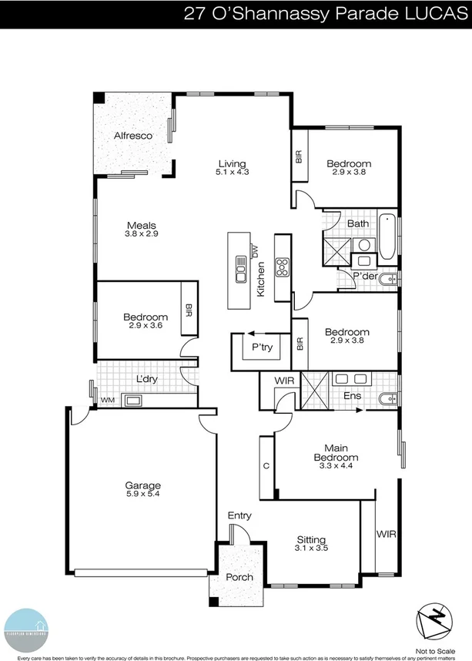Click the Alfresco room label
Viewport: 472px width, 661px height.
[132, 136]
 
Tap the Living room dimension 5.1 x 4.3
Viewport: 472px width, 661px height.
[232, 173]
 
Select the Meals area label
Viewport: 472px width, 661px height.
[142, 226]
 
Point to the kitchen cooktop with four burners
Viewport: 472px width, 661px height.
[282, 267]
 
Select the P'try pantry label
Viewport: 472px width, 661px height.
[262, 347]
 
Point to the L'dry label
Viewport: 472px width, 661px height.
[146, 380]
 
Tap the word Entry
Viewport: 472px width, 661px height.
[239, 515]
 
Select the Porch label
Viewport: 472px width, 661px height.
[239, 577]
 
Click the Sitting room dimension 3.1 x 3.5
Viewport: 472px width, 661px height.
[311, 549]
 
